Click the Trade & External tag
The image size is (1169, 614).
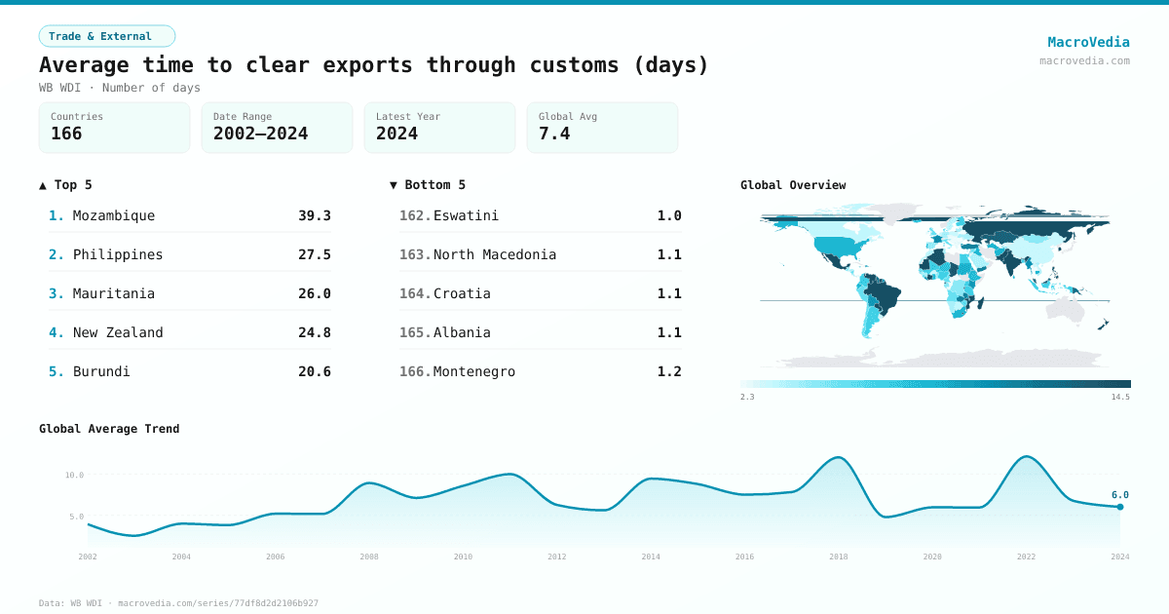click(106, 36)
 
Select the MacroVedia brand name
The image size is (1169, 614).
click(1088, 42)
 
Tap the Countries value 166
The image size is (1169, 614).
click(66, 134)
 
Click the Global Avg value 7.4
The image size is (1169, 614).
click(553, 134)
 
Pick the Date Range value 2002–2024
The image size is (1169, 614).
click(260, 134)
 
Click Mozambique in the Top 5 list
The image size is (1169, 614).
click(113, 215)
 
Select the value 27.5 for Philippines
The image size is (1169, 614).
click(314, 254)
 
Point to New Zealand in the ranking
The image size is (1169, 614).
click(118, 332)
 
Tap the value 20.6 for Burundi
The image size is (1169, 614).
click(314, 371)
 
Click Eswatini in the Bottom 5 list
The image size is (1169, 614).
click(466, 215)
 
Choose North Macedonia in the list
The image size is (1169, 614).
click(494, 254)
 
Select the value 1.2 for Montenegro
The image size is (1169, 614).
click(669, 371)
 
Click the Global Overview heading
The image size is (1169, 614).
click(792, 185)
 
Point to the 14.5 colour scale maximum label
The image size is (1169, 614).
click(1119, 397)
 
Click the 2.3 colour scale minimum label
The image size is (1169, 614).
click(747, 397)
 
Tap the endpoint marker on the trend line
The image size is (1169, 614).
click(1120, 507)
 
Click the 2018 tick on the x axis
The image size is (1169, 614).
click(838, 556)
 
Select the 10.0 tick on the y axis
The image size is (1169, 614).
click(74, 476)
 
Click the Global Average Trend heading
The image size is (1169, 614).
click(109, 429)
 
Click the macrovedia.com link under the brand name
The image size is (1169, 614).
click(1084, 60)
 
